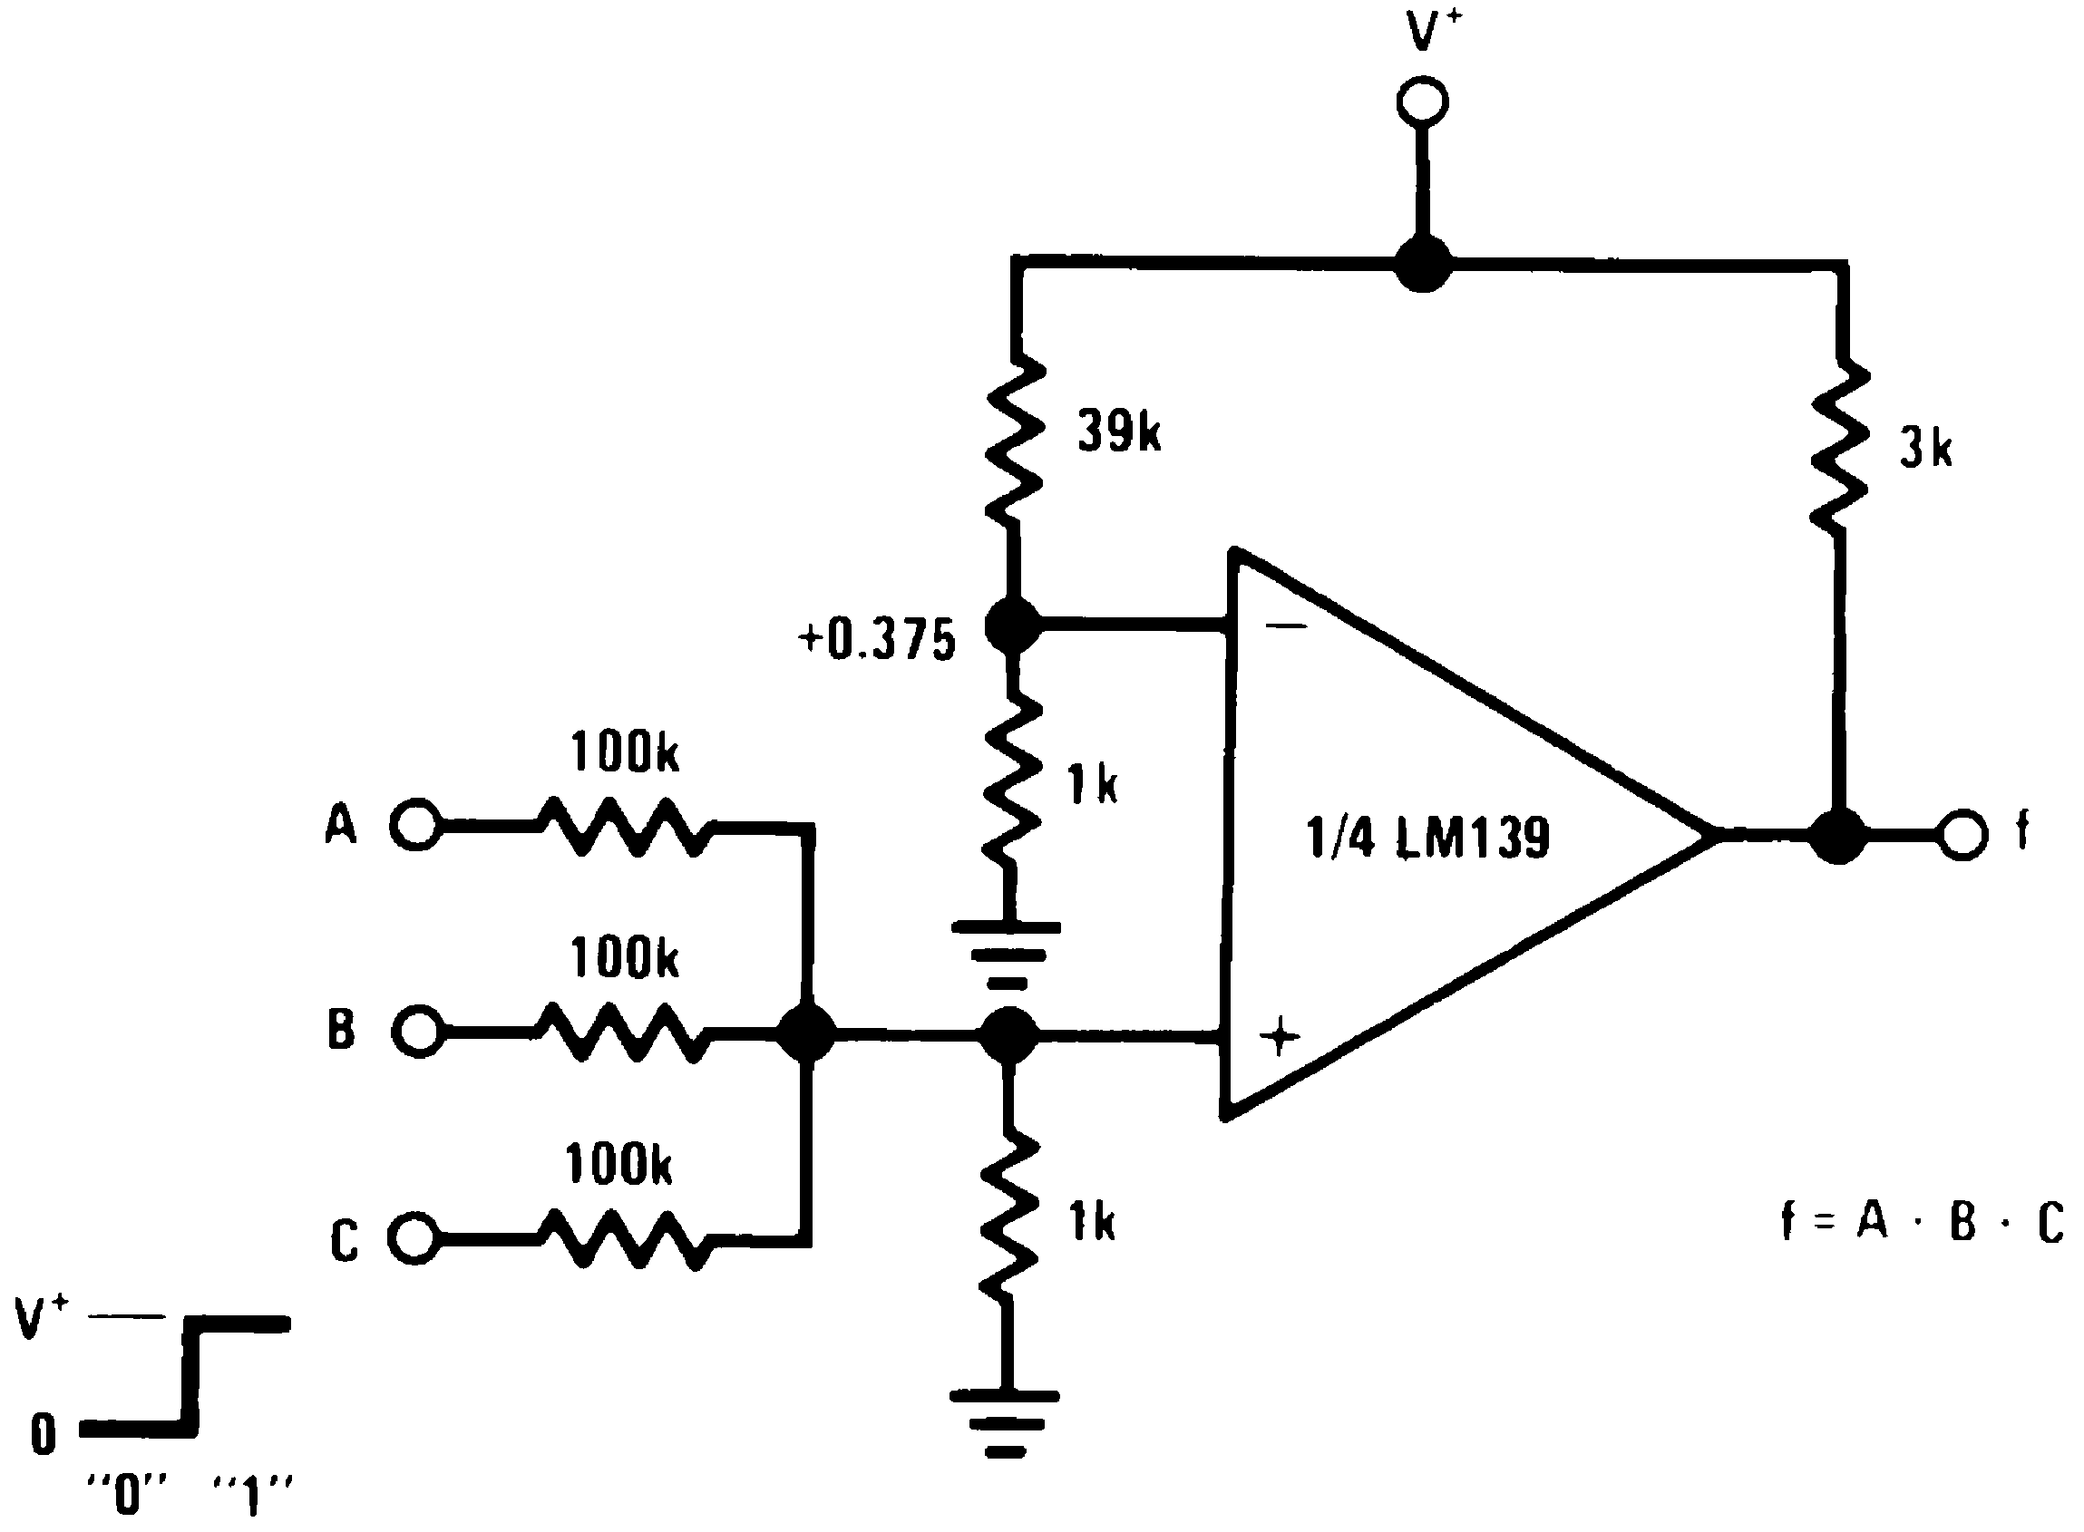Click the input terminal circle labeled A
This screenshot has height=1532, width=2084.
point(414,823)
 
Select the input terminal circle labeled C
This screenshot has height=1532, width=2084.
point(412,1237)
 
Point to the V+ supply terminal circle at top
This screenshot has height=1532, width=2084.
point(1422,102)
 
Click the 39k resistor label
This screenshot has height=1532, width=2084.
point(1118,432)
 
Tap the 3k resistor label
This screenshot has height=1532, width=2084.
point(1925,450)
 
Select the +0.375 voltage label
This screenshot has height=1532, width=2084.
point(876,640)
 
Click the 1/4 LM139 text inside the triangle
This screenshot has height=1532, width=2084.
point(1427,838)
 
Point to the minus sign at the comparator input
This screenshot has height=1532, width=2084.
point(1285,626)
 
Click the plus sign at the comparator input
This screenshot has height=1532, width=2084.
point(1280,1036)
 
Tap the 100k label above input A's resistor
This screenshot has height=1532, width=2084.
point(624,752)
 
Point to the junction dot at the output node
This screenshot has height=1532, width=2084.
point(1838,836)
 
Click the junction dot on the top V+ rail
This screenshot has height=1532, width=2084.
point(1423,264)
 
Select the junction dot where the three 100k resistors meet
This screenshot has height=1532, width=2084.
point(805,1033)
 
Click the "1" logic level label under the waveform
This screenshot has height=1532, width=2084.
point(252,1496)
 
